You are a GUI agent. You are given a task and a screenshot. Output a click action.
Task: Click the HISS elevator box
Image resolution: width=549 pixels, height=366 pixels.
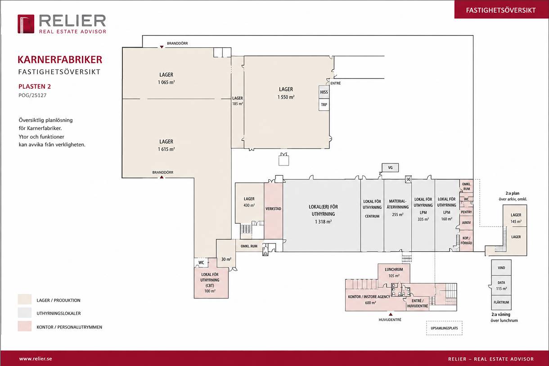[x=324, y=92]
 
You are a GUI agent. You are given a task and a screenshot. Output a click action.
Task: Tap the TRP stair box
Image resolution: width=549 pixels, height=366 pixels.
[x=324, y=105]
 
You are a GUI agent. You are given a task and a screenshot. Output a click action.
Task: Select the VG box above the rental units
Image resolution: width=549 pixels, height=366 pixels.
[x=390, y=167]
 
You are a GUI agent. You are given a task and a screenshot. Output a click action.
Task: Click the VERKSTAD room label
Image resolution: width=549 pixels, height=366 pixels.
[x=273, y=209]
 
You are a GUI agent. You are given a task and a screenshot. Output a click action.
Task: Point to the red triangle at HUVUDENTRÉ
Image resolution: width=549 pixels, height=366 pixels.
[x=391, y=314]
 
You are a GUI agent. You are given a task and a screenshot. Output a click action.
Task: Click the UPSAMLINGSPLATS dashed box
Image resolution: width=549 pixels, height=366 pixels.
[x=444, y=328]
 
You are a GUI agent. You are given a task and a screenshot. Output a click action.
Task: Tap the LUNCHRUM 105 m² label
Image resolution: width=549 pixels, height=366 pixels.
[x=394, y=273]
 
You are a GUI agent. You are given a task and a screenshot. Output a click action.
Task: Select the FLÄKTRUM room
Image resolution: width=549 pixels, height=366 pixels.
[x=501, y=303]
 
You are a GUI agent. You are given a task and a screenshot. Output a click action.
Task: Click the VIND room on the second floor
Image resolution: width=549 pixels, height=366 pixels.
[x=501, y=268]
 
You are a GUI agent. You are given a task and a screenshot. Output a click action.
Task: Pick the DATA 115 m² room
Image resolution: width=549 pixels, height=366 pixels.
[x=501, y=285]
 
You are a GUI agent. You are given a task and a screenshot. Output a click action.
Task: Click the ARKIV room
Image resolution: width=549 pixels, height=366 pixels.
[x=466, y=223]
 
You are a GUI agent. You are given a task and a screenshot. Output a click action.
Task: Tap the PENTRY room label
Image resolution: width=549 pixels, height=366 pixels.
[x=466, y=212]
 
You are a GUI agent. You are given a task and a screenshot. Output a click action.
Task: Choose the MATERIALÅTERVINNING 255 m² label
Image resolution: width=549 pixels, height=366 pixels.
[x=397, y=208]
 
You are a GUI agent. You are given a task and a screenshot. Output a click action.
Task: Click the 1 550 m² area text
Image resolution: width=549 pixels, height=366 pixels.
[x=286, y=97]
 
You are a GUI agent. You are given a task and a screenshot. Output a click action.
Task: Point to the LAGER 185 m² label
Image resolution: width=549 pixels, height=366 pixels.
[x=238, y=101]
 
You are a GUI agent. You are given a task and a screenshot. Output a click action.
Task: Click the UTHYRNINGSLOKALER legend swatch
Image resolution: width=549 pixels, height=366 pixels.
[x=24, y=313]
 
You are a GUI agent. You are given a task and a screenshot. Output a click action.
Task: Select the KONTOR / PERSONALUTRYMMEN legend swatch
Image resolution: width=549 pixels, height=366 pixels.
[x=24, y=326]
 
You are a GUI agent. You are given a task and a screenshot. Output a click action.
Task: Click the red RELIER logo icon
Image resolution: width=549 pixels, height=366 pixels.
[x=26, y=24]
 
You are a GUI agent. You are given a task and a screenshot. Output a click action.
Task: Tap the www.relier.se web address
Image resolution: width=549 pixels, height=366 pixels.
[x=36, y=359]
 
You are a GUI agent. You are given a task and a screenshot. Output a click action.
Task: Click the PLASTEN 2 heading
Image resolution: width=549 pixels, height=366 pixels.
[x=35, y=86]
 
